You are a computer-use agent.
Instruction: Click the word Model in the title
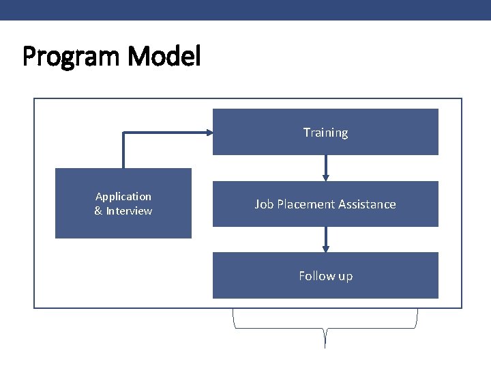164,56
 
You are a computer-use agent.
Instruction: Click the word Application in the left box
123,197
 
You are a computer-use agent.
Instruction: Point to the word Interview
129,211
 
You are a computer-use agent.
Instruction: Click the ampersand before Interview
98,211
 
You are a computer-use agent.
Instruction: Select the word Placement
300,204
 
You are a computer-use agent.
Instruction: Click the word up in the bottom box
345,276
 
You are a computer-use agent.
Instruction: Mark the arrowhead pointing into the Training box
209,133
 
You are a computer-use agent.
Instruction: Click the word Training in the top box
325,133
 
